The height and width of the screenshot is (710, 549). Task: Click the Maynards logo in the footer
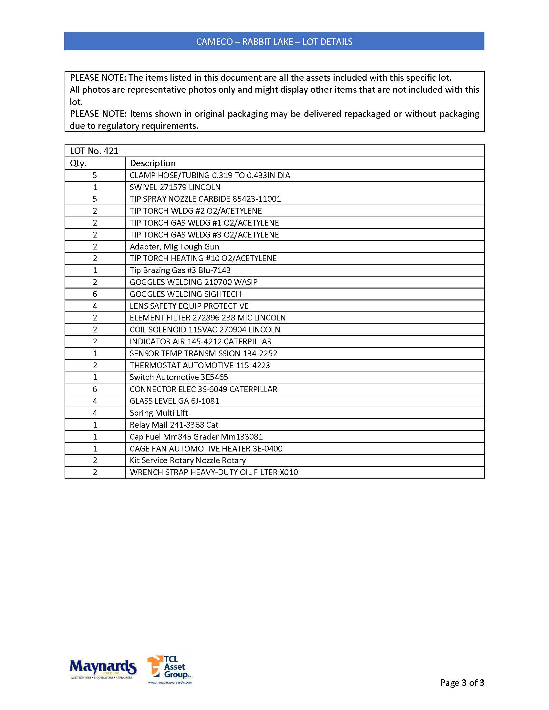(x=103, y=668)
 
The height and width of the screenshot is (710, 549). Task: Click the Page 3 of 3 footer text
(x=462, y=682)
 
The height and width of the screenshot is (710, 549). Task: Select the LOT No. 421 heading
(x=94, y=151)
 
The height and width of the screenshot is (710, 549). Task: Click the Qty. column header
(x=78, y=163)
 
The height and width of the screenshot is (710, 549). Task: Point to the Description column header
(x=153, y=163)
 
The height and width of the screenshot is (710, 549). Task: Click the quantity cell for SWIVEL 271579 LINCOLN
(x=95, y=187)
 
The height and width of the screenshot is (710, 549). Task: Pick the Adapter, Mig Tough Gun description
(x=175, y=247)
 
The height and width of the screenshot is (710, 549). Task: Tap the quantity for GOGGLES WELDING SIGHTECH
(x=95, y=294)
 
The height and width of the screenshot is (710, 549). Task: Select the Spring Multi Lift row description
(x=159, y=413)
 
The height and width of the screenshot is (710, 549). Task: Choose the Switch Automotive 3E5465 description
(x=179, y=377)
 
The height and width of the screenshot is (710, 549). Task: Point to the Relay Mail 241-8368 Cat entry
(x=174, y=425)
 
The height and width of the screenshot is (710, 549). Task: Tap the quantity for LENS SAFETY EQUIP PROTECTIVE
(x=95, y=306)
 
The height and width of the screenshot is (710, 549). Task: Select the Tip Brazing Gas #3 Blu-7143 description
(x=180, y=270)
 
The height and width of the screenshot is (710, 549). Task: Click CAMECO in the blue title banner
(x=214, y=42)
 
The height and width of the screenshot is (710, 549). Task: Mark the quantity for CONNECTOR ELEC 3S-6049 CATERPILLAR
(x=95, y=389)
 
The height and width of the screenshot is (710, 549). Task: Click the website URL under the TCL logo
(x=170, y=682)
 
